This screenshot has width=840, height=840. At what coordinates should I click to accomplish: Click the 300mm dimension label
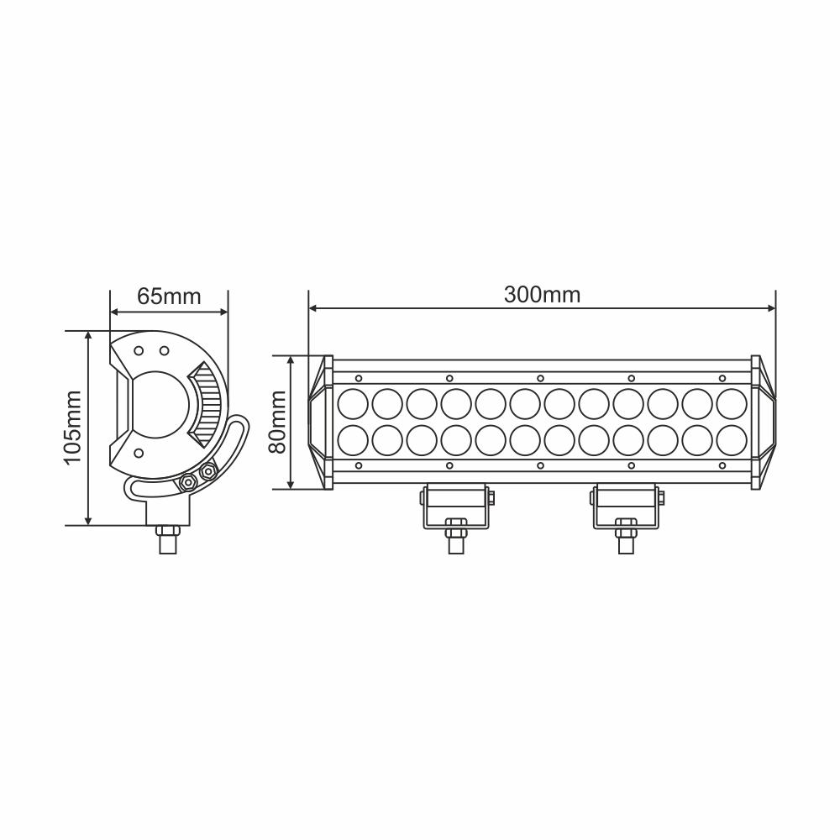pos(542,295)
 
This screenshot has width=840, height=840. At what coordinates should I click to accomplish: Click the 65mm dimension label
pos(169,297)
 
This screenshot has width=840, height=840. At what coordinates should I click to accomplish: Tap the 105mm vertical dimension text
pos(72,428)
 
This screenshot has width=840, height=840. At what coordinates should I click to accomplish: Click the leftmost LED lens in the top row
pos(352,403)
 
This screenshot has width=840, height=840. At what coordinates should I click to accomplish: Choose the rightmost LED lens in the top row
pos(731,403)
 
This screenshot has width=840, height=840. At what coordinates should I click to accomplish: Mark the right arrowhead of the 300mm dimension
pos(770,309)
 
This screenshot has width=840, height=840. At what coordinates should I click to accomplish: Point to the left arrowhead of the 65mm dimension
pos(115,312)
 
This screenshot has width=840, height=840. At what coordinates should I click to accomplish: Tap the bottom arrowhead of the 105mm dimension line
pos(88,520)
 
